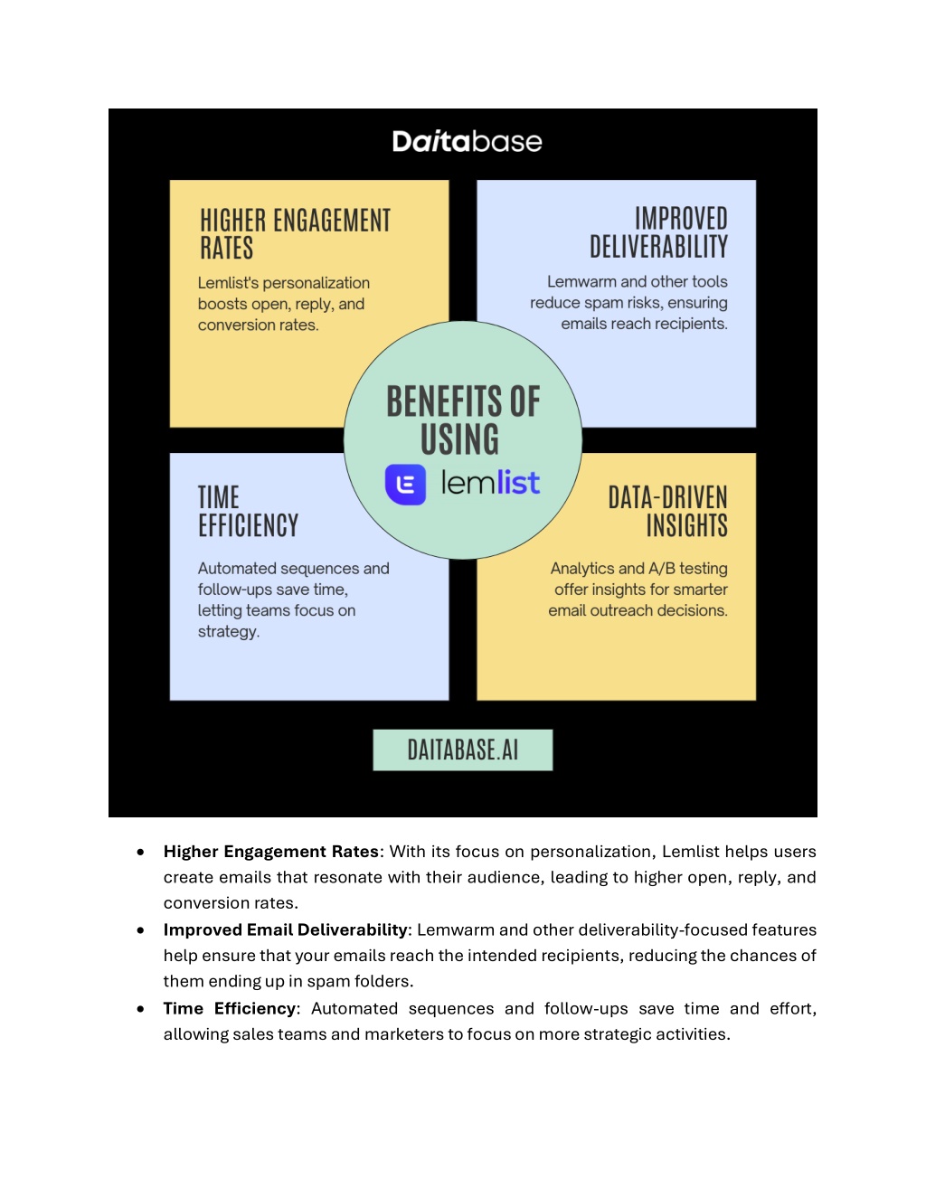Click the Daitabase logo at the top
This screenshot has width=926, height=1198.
467,142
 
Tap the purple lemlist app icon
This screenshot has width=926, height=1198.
405,484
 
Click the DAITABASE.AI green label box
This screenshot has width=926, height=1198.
462,750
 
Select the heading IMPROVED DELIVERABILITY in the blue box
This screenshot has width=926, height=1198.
658,232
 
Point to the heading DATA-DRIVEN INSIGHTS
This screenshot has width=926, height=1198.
668,511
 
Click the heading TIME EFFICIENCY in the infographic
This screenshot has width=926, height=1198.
248,511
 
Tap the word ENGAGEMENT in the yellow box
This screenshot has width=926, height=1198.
332,221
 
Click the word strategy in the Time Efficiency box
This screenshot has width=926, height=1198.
227,632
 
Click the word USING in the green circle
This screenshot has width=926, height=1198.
459,439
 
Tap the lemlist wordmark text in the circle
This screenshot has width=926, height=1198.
490,483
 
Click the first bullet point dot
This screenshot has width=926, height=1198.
140,853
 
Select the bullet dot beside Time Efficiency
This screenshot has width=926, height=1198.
140,1009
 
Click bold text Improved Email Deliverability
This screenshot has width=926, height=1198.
286,930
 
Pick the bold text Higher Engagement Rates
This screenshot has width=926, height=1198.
271,852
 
